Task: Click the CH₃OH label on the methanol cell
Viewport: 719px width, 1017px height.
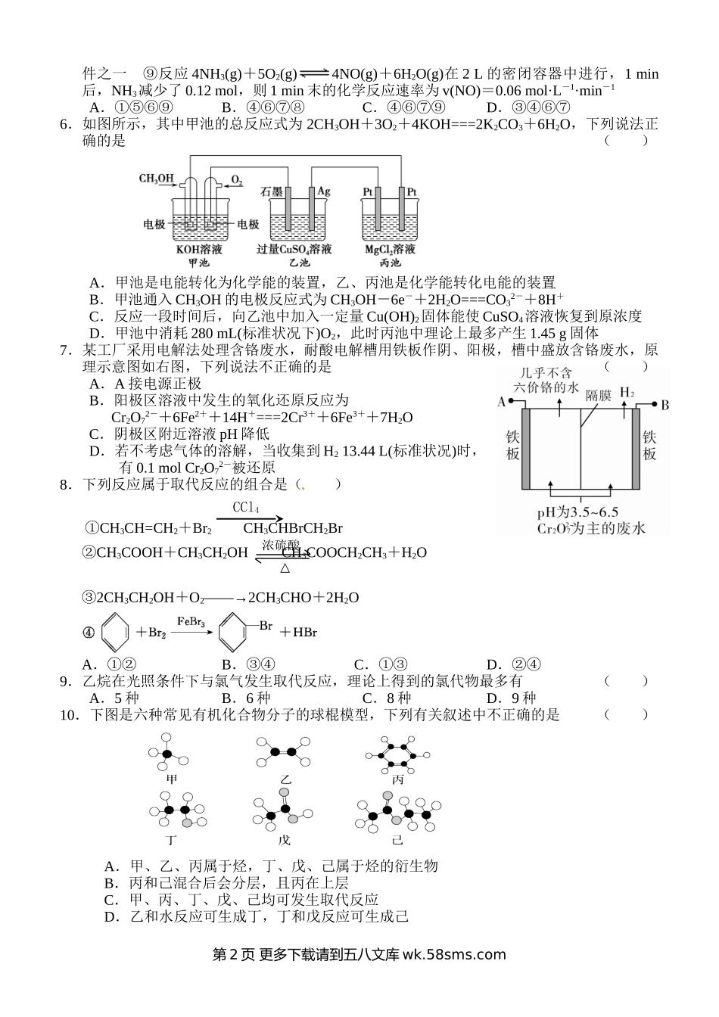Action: [x=156, y=179]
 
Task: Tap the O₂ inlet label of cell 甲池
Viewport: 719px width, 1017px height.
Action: [x=236, y=180]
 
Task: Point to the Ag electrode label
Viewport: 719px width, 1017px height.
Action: [x=324, y=191]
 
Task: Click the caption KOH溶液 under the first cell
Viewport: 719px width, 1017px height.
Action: [x=199, y=249]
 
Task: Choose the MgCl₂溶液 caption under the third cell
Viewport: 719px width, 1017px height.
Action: [x=390, y=249]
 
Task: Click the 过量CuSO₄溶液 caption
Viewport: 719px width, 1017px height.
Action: [x=294, y=249]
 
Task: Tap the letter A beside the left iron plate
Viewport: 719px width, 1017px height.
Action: [x=501, y=403]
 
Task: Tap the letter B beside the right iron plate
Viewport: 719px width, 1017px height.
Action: [x=665, y=405]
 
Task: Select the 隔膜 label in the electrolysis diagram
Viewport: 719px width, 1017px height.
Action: [x=598, y=395]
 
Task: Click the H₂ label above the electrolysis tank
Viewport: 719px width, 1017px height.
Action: [x=627, y=392]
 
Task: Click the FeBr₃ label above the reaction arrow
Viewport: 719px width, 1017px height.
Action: [x=191, y=620]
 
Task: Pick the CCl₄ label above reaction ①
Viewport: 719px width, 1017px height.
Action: [x=246, y=507]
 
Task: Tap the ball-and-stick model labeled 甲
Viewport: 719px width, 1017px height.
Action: [x=172, y=754]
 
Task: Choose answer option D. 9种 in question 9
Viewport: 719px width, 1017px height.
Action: [x=511, y=698]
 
